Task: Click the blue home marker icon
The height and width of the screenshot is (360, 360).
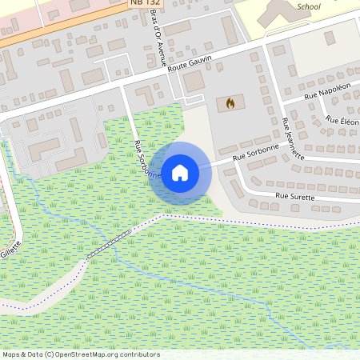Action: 180,171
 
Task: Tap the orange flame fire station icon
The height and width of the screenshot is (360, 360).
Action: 230,103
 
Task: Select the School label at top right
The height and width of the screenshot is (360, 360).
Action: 308,6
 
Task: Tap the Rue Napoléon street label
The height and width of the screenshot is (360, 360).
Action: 331,90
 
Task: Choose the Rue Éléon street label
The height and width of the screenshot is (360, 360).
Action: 343,121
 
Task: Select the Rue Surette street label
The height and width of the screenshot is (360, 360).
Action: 295,195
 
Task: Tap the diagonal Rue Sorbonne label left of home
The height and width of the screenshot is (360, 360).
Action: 149,158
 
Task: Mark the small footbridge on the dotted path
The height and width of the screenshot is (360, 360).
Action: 108,243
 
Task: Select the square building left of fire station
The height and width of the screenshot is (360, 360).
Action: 194,81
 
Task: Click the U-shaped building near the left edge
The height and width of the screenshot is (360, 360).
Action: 45,147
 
